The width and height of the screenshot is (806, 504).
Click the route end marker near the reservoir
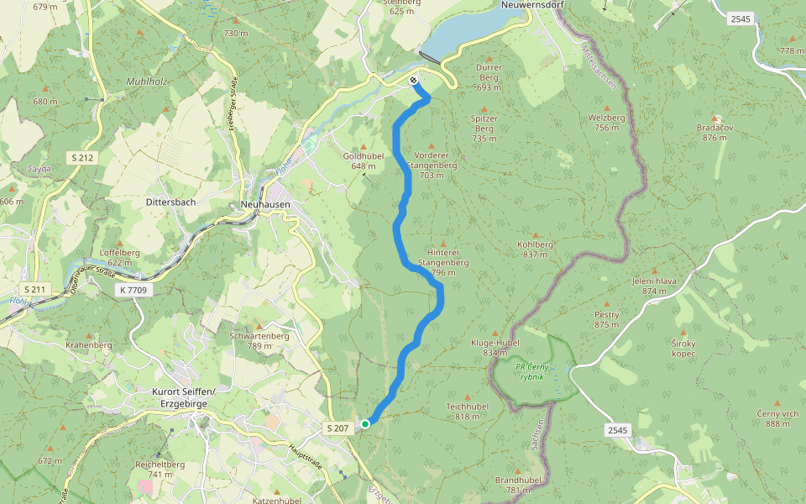coord(413,81)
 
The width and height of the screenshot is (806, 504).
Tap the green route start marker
coord(365,424)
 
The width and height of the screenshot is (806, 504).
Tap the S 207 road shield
coord(337,428)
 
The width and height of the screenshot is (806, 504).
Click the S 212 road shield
coord(82,157)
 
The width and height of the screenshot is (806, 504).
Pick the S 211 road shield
coord(39,291)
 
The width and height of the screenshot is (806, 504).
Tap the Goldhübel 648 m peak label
coord(364,160)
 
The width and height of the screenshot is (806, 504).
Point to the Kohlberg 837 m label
coord(536,249)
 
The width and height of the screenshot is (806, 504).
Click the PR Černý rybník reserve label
coord(535,372)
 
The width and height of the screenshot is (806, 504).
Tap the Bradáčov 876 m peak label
coord(715,132)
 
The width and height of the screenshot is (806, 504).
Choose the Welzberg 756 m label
coord(607,123)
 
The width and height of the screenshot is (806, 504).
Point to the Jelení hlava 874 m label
coord(654,286)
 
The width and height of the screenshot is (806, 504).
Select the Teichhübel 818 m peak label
coord(467,412)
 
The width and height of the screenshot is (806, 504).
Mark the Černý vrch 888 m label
coord(777,418)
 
